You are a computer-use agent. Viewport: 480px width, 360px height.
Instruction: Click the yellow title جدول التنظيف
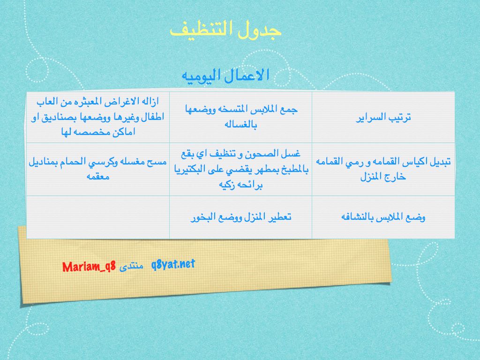(225, 30)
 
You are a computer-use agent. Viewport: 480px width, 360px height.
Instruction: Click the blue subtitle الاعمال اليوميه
(225, 75)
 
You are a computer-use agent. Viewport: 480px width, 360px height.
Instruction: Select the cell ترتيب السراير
(383, 117)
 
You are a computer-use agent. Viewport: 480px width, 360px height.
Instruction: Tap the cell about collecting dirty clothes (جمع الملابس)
(240, 117)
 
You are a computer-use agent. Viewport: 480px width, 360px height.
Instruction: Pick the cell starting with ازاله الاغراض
(98, 117)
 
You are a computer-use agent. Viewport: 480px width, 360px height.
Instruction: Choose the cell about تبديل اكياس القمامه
(383, 169)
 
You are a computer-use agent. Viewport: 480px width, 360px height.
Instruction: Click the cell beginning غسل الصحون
(240, 169)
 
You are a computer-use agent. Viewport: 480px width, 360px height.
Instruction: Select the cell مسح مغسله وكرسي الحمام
(98, 169)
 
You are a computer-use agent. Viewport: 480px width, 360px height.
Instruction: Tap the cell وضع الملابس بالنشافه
(383, 217)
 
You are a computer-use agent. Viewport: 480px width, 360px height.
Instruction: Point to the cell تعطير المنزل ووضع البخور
(240, 217)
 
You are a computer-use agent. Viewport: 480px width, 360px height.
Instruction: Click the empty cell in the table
(98, 217)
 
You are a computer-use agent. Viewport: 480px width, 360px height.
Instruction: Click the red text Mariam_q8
(89, 267)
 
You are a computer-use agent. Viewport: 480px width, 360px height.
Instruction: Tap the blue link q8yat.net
(173, 264)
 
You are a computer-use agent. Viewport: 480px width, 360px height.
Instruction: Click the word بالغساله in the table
(240, 125)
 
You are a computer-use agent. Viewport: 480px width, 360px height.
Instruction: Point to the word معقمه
(98, 177)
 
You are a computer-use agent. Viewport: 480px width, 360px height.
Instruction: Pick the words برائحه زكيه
(240, 185)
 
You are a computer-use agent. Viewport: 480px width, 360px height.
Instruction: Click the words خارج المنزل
(383, 177)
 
